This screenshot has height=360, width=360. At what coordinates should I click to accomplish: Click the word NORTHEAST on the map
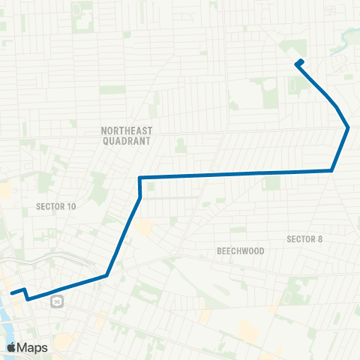126,130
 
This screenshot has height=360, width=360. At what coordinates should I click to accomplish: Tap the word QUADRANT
126,140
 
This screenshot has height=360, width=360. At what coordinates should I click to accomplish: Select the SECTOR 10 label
56,205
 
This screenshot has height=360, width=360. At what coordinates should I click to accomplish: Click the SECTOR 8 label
304,239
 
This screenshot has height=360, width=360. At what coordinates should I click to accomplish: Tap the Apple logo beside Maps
12,347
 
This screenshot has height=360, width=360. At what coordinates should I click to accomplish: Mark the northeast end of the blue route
301,61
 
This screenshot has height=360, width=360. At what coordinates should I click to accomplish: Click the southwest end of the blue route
12,292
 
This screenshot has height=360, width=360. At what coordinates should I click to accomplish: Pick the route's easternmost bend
348,127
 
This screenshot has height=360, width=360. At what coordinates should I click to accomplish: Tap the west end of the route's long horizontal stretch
140,178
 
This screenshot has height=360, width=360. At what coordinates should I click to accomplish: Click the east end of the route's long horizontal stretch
331,171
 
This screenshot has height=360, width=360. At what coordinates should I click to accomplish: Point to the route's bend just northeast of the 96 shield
107,275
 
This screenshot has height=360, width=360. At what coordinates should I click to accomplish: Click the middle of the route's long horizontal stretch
236,175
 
